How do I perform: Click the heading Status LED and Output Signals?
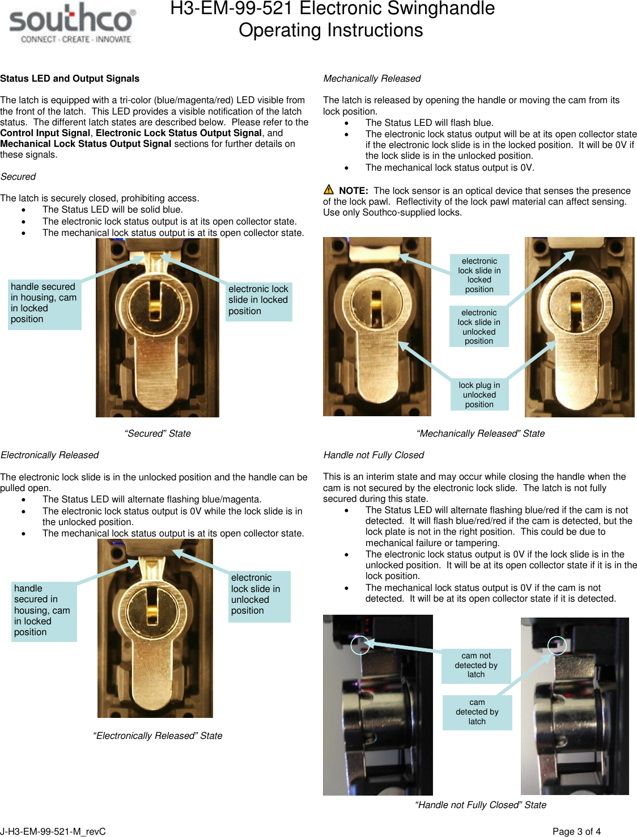click(70, 79)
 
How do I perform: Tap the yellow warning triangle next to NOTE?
click(329, 190)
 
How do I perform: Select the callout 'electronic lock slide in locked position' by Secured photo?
click(258, 301)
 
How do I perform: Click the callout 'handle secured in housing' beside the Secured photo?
click(44, 303)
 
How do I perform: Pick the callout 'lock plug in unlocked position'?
click(479, 395)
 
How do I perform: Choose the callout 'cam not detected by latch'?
click(476, 665)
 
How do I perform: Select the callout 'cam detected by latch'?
click(477, 712)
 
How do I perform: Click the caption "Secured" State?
click(158, 434)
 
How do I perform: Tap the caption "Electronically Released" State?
click(158, 736)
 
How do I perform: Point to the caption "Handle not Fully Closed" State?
click(481, 805)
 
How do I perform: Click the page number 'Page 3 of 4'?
click(576, 831)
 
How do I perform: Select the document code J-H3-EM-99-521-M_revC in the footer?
click(53, 831)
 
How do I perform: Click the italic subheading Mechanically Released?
click(372, 79)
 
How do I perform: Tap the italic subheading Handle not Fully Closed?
click(373, 455)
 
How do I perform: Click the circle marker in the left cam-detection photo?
click(360, 645)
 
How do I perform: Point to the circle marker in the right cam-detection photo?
click(557, 645)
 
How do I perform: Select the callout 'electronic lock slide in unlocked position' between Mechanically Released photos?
click(479, 327)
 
